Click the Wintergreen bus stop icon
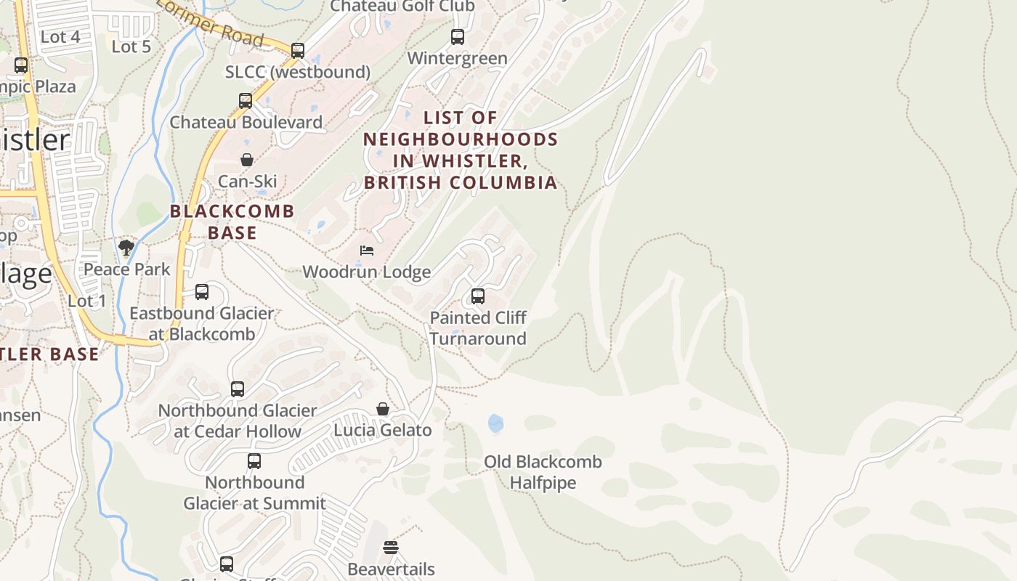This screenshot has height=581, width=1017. [457, 36]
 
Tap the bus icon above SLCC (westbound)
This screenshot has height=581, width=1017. [297, 50]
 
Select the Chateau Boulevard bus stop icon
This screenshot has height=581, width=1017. [246, 100]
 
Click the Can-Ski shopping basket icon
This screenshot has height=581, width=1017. [247, 160]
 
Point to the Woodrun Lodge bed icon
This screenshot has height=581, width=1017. [367, 251]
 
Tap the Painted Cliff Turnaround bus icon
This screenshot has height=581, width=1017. [477, 296]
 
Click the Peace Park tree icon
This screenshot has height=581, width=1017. [126, 248]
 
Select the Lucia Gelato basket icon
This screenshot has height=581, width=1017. [383, 409]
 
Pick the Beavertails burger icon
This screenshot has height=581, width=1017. [391, 548]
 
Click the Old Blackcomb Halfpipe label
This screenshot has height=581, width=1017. [543, 472]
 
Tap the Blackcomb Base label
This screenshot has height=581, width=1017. [232, 222]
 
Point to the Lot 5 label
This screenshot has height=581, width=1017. [131, 46]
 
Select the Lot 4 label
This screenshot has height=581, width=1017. [60, 36]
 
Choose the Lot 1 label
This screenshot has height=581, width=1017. [87, 301]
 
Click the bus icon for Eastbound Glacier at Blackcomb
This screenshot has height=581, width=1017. [202, 292]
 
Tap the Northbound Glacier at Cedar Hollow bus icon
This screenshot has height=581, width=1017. [238, 389]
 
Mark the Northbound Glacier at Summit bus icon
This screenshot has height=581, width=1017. [254, 460]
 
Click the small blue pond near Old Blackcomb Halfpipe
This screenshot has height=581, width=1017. [496, 423]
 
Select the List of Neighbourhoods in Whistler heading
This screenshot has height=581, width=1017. [461, 150]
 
